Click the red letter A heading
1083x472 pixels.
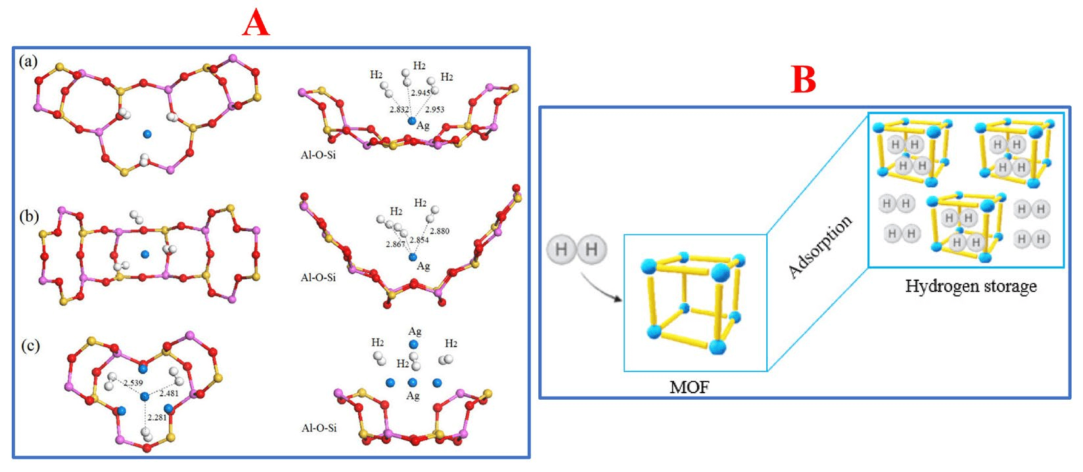click(x=256, y=24)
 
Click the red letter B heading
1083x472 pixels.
click(x=803, y=80)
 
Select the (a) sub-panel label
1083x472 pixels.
click(x=28, y=61)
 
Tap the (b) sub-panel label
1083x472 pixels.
click(x=28, y=216)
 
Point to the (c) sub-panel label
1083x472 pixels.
click(x=30, y=345)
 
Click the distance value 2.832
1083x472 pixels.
click(x=400, y=110)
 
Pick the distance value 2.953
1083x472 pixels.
click(x=434, y=109)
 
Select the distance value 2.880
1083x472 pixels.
click(x=439, y=231)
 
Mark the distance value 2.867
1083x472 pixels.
click(x=396, y=244)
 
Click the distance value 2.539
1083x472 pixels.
click(x=132, y=382)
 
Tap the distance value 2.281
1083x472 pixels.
click(x=156, y=417)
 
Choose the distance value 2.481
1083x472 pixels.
click(x=168, y=393)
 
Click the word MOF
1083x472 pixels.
click(x=689, y=387)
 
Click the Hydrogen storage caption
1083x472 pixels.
click(x=971, y=286)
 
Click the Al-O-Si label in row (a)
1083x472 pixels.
click(x=318, y=156)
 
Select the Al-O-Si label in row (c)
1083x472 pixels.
click(x=319, y=428)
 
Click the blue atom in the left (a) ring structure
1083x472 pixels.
click(x=147, y=134)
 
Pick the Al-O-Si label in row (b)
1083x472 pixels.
click(x=318, y=277)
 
